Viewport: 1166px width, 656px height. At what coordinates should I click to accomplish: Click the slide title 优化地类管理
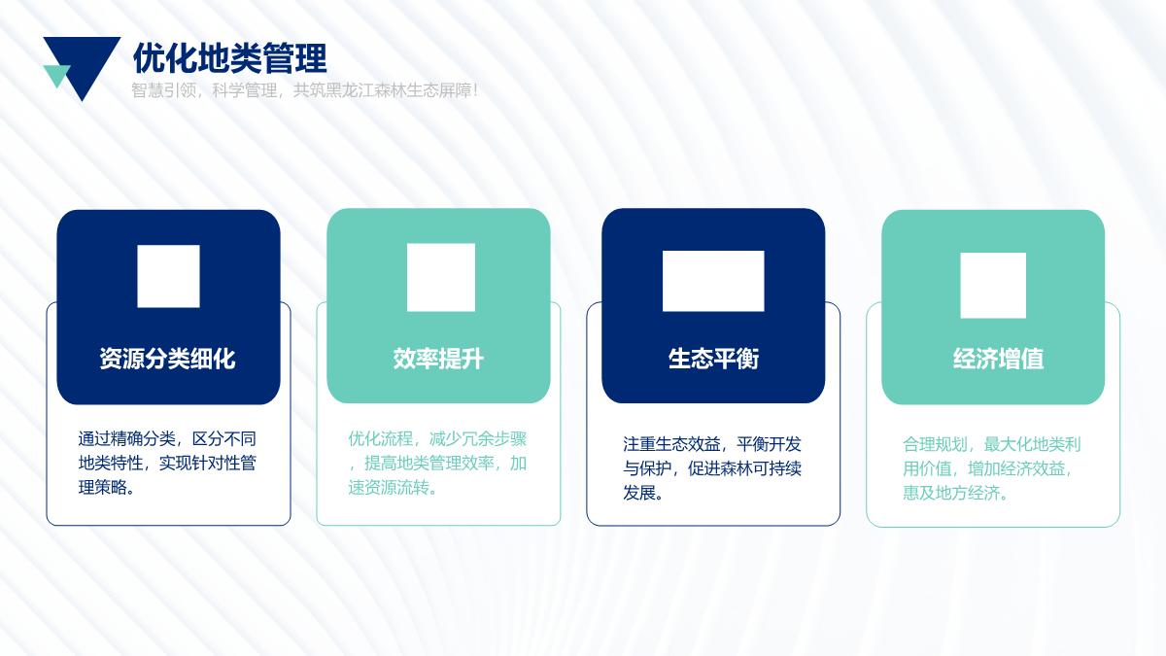[230, 57]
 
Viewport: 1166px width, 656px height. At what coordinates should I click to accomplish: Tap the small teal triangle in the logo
[56, 75]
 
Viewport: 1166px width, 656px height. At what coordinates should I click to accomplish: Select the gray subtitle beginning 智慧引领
[304, 90]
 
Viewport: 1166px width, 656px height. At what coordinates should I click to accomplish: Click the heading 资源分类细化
[167, 359]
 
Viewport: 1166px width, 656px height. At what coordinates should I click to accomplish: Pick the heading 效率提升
[438, 359]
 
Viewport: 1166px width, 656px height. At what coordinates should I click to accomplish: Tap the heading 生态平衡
[713, 359]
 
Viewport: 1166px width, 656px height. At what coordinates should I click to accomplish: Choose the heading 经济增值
[999, 359]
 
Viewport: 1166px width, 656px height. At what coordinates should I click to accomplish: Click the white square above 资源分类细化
[168, 276]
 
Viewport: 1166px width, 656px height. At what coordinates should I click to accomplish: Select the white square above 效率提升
[441, 278]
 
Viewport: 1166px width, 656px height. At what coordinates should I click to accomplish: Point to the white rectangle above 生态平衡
[713, 281]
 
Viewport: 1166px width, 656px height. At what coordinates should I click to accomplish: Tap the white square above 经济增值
[993, 286]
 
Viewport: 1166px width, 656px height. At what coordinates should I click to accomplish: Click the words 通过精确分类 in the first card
[126, 439]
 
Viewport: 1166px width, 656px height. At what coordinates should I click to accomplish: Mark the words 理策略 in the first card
[103, 487]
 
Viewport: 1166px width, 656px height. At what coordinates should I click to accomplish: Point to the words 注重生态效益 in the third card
[671, 444]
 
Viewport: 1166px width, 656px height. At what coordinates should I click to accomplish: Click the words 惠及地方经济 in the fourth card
[951, 493]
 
